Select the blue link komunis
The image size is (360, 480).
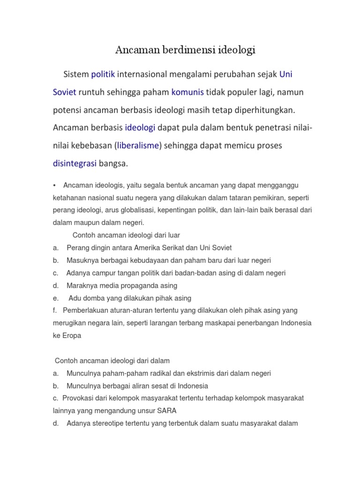click(187, 92)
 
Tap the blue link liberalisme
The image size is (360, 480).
click(138, 146)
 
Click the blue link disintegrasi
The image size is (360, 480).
click(75, 164)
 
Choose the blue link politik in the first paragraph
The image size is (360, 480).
click(103, 75)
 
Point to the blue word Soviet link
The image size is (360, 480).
click(65, 92)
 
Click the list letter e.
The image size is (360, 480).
click(55, 298)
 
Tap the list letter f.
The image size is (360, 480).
click(54, 310)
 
